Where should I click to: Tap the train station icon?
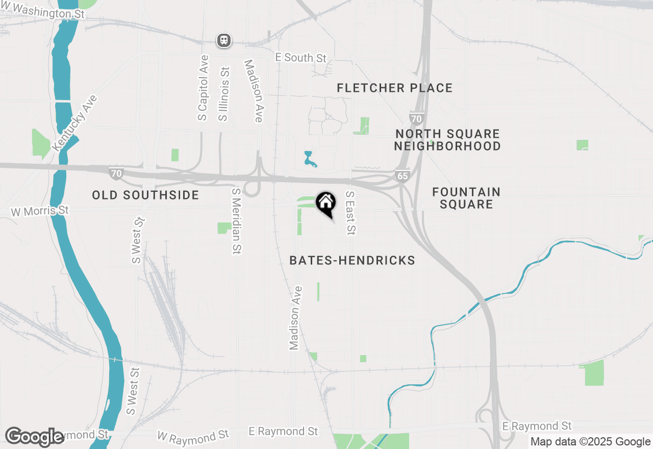tap(224, 40)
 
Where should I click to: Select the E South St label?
tap(300, 58)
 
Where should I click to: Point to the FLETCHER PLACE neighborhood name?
tap(394, 88)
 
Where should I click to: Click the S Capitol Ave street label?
tap(203, 88)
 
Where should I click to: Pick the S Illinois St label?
tap(223, 94)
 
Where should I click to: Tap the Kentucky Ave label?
tap(74, 122)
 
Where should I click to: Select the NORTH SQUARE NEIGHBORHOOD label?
tap(447, 140)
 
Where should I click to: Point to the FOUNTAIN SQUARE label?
tap(466, 198)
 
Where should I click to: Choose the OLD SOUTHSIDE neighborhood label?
tap(145, 195)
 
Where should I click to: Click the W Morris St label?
tap(39, 211)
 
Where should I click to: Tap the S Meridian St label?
tap(236, 220)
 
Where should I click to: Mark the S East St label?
tap(350, 213)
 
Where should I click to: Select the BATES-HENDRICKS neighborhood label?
tap(352, 261)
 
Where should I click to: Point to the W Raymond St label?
tap(193, 436)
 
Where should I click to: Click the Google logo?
tap(34, 437)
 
